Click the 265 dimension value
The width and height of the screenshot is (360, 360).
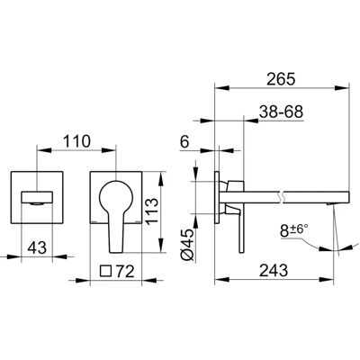click(282, 79)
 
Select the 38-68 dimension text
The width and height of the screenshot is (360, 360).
click(281, 112)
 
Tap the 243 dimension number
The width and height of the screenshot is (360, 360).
click(274, 271)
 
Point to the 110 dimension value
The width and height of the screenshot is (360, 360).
click(76, 141)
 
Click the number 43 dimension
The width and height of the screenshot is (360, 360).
click(37, 247)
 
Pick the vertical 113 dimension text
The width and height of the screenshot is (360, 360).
click(151, 211)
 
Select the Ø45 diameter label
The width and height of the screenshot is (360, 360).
click(187, 244)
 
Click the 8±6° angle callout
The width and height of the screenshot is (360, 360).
click(294, 231)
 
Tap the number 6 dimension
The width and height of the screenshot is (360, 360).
click(185, 141)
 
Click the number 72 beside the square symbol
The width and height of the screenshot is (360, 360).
click(124, 271)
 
